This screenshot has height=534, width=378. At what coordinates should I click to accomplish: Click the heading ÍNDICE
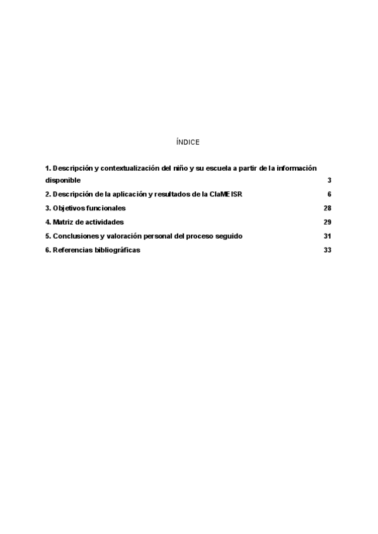click(188, 142)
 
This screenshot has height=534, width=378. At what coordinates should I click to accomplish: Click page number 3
click(329, 180)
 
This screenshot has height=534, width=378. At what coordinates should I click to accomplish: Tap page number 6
click(329, 194)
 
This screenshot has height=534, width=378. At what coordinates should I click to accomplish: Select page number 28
click(328, 208)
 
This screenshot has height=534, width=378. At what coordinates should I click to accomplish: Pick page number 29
click(328, 222)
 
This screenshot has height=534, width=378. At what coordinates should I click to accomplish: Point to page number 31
click(328, 236)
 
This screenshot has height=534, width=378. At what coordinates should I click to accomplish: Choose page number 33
click(328, 250)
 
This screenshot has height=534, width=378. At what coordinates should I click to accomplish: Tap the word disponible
click(63, 180)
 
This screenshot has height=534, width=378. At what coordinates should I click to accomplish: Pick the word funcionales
click(106, 208)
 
